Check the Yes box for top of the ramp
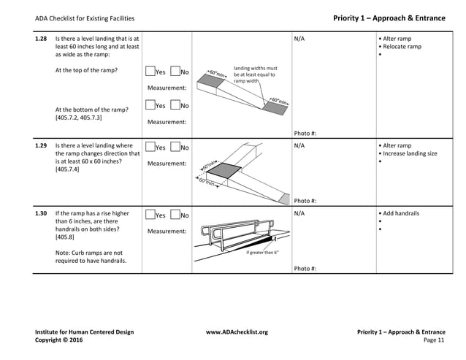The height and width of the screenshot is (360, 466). [x=150, y=72]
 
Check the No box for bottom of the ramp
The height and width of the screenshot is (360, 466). [x=175, y=107]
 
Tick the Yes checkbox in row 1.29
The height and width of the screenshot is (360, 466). [x=150, y=148]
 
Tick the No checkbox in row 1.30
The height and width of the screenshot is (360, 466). [x=175, y=215]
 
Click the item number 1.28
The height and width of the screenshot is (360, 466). [x=42, y=37]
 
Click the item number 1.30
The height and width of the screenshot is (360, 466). [x=42, y=214]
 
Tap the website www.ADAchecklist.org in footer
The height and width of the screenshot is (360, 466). [x=237, y=332]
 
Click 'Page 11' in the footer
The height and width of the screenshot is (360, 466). [x=434, y=340]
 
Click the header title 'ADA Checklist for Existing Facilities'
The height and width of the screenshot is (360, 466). [x=85, y=18]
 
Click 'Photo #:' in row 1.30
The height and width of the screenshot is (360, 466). [x=305, y=268]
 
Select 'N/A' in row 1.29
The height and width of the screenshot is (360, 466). [x=299, y=146]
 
